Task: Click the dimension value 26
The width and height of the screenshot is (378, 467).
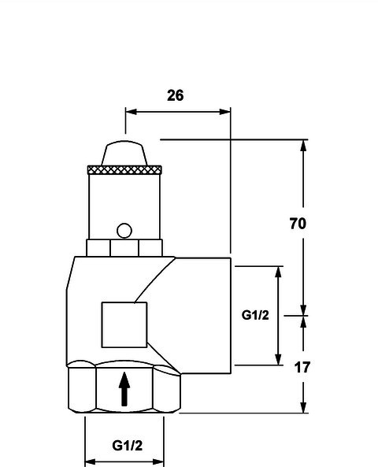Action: [176, 95]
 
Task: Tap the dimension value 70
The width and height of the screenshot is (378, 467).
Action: [298, 224]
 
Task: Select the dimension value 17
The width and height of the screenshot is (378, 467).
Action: [302, 368]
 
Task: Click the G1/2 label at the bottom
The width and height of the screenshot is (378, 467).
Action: [128, 446]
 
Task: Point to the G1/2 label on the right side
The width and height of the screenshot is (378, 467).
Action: [255, 315]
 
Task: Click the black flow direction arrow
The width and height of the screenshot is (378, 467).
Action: [124, 389]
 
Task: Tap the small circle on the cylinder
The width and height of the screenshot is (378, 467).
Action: [124, 231]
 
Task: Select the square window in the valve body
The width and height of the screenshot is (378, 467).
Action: [124, 325]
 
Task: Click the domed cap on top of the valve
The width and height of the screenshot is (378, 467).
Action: [124, 154]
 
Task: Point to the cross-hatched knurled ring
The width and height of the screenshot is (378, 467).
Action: [124, 170]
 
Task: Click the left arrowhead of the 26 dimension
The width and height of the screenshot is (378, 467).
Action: [131, 112]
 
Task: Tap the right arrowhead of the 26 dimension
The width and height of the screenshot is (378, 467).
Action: [225, 112]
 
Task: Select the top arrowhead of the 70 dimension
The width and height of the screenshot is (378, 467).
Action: [303, 146]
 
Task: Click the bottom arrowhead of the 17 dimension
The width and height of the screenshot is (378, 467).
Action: [303, 407]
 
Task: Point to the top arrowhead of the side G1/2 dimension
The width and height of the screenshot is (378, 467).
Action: [278, 272]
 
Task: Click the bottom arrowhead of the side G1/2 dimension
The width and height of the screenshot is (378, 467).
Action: [278, 359]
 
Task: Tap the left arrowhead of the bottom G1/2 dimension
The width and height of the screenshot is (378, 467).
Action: [91, 462]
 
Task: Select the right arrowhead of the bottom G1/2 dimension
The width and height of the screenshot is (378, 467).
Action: [157, 462]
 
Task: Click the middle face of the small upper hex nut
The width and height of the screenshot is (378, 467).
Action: [124, 248]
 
